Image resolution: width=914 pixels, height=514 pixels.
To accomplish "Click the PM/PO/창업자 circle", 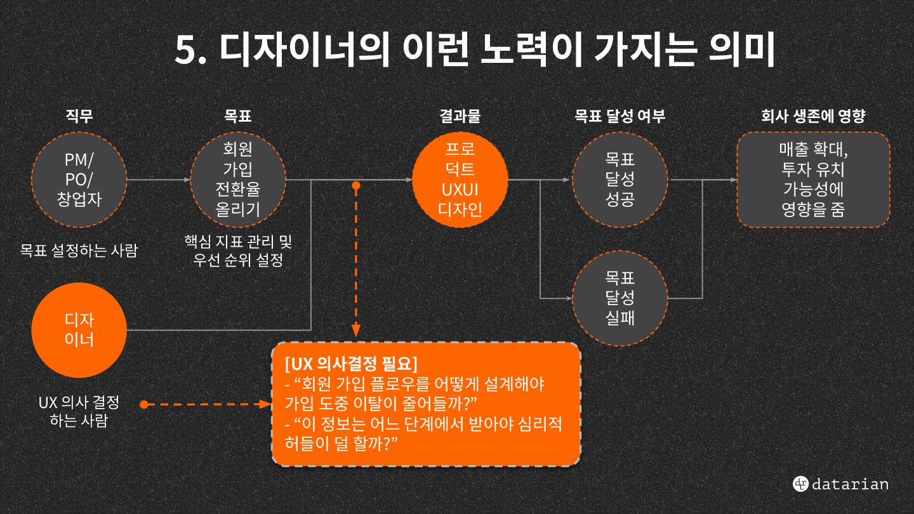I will coord(79,180).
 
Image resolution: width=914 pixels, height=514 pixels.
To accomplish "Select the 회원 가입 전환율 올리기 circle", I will coord(238,180).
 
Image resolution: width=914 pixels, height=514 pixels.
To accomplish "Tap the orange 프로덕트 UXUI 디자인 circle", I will coord(460,180).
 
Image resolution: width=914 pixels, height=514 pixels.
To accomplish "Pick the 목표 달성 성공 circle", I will coord(620,180).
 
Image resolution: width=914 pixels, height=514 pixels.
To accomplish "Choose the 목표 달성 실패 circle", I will coord(620,298).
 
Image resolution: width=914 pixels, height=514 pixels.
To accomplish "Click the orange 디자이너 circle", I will coord(79,329).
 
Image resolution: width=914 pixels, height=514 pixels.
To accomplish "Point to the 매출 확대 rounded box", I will coord(813,180).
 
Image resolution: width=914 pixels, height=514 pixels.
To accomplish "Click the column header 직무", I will coord(79,116).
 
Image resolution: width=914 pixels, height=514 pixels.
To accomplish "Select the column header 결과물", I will coord(460,116).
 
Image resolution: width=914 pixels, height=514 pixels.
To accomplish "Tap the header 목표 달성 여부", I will coord(620,116).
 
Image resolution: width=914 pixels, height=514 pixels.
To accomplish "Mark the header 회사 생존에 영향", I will coord(813,116).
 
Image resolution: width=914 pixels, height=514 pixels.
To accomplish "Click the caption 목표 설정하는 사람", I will coord(79,250).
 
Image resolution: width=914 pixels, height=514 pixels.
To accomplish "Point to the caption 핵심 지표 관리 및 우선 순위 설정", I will coord(238,251).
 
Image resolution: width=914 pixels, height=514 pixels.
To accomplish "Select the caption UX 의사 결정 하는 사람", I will coord(79,411).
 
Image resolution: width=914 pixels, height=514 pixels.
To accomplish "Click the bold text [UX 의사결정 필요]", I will coord(352,364).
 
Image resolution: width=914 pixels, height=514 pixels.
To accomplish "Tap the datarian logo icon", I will coord(800,484).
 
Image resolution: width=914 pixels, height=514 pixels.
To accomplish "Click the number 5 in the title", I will coord(187,51).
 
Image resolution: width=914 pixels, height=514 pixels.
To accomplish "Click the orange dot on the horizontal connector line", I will coord(356,185).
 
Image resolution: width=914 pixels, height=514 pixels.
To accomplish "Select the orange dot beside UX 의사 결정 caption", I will coord(143,404).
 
